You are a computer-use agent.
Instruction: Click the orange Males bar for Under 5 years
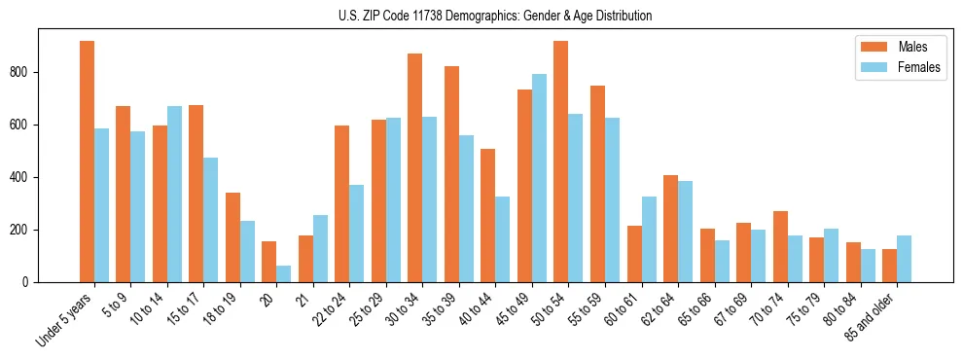pos(87,162)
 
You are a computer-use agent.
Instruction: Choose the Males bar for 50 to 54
pos(561,162)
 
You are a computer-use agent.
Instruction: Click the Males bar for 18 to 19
pos(232,237)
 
